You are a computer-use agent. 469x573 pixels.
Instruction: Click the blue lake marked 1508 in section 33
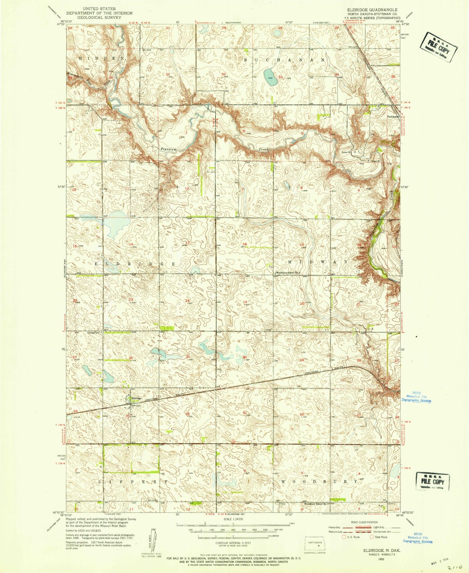click(x=271, y=77)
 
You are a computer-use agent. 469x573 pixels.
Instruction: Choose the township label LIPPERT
click(x=132, y=482)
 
